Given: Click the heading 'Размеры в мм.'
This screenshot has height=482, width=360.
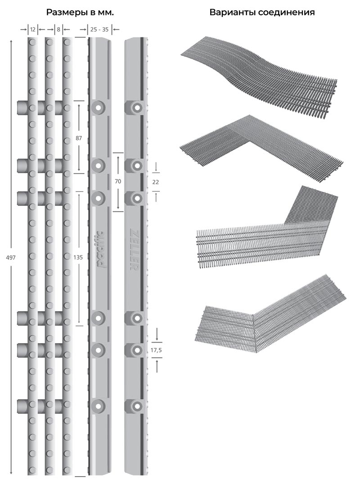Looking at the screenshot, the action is [80, 13].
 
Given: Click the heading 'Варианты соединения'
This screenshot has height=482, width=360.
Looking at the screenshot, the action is [262, 13].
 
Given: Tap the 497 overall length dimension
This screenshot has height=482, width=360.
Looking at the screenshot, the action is [11, 258].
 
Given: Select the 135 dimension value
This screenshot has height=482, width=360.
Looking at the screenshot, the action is [78, 257].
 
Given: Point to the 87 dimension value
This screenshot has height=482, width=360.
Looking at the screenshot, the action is [79, 138].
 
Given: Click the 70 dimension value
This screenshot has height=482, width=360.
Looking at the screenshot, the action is [118, 181].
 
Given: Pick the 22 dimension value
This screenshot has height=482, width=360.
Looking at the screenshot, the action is [156, 182].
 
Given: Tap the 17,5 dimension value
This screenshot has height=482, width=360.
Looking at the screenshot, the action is [157, 350].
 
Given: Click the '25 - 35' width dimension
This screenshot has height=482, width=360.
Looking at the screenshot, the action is [99, 30].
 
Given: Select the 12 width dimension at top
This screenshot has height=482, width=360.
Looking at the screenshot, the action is [33, 30].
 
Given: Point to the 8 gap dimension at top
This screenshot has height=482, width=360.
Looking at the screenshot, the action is [58, 30].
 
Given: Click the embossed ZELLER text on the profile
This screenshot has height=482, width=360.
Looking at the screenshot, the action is [135, 250].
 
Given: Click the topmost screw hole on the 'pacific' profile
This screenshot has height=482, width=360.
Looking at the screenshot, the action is [98, 107].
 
